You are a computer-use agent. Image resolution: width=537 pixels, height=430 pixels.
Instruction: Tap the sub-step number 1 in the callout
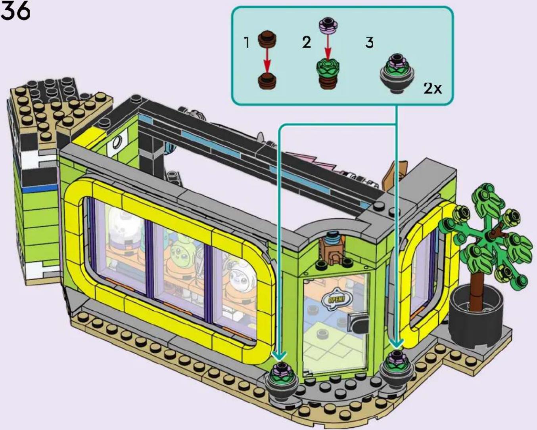click(247, 43)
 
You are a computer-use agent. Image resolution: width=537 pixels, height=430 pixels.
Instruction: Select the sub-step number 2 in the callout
click(307, 42)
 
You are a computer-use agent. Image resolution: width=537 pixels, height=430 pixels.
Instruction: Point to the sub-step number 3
click(369, 43)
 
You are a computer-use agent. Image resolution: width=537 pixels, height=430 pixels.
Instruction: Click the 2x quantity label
click(432, 88)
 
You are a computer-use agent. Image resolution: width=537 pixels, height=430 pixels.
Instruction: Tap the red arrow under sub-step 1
click(267, 60)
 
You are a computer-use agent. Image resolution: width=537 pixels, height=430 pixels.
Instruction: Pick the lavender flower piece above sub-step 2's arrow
click(328, 27)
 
